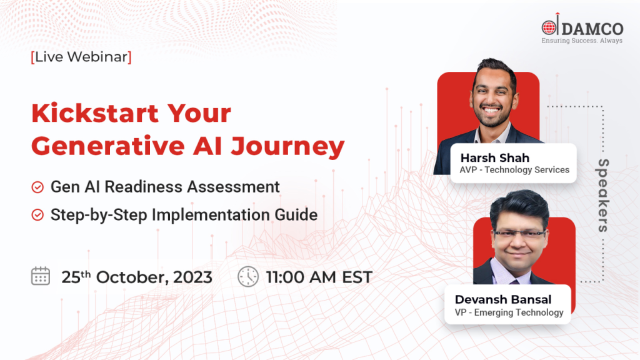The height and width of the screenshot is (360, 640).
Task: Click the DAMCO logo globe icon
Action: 549,27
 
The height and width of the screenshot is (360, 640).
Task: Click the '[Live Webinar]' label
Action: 81,57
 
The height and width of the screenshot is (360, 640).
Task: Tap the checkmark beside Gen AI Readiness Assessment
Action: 37,187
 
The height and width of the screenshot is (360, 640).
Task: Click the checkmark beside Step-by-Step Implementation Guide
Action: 37,215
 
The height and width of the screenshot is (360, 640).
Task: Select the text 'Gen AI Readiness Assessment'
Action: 165,187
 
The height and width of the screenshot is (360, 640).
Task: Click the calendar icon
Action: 41,276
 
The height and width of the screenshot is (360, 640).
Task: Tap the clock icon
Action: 248,276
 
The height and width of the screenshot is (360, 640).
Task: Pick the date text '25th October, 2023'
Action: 136,277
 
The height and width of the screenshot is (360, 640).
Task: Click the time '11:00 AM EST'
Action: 319,277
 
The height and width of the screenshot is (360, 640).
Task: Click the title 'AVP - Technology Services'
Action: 514,169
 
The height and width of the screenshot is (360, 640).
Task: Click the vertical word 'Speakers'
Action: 603,195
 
